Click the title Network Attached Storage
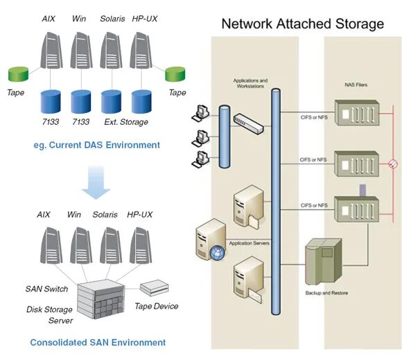[301, 24]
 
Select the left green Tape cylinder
[18, 74]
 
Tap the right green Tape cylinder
[176, 74]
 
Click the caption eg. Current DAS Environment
[96, 145]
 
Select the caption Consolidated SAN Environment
[98, 342]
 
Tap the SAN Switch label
[46, 289]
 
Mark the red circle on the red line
[392, 165]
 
